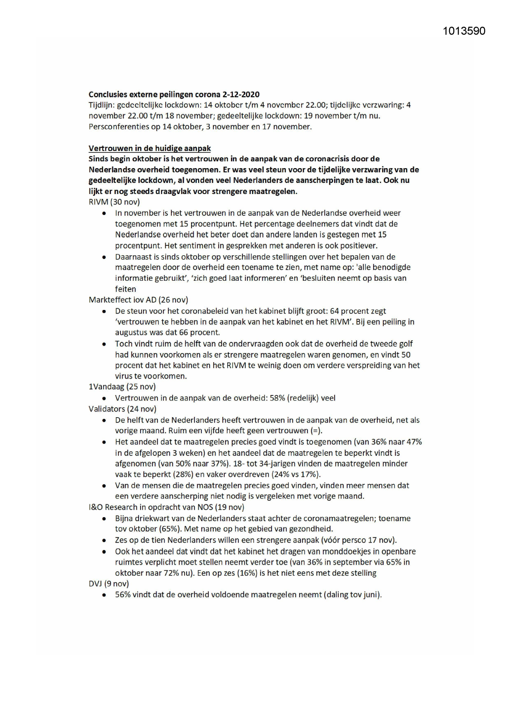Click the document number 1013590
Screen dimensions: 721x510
[464, 31]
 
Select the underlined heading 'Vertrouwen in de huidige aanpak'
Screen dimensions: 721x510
[150, 148]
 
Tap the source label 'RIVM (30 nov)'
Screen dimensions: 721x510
[114, 202]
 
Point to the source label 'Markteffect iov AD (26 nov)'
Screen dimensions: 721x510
[138, 300]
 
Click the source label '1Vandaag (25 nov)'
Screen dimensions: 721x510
[122, 386]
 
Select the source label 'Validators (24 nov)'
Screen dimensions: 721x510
[122, 409]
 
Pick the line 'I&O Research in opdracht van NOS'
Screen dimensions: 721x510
[166, 507]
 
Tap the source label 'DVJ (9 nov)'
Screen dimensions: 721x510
[108, 583]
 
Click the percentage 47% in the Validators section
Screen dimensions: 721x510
[413, 442]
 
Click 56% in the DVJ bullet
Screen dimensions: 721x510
[122, 594]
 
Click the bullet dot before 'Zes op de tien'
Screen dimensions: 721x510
[105, 541]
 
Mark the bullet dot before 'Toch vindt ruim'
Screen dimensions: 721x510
[105, 344]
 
